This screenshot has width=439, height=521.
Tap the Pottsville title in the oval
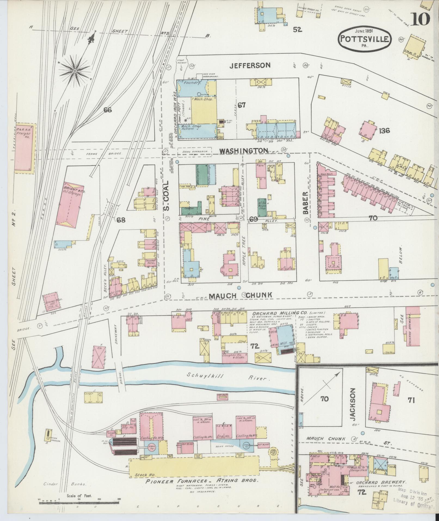pyautogui.click(x=365, y=39)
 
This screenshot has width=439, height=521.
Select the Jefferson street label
pyautogui.click(x=250, y=65)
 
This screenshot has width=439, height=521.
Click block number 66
pyautogui.click(x=108, y=110)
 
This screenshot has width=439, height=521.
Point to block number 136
pyautogui.click(x=384, y=131)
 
